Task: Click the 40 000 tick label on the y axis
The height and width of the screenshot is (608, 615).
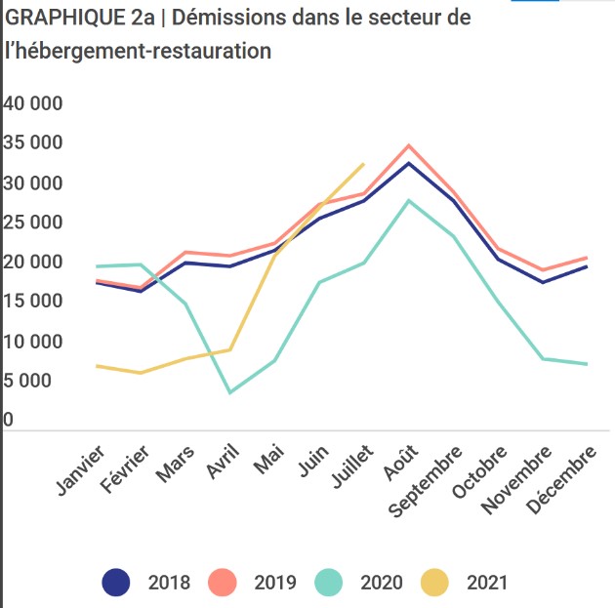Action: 32,104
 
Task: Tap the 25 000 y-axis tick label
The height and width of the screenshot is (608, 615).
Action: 32,223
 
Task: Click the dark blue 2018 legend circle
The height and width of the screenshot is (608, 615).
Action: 116,583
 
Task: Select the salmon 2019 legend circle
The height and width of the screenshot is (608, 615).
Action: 223,583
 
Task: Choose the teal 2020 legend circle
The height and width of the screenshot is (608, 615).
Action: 329,583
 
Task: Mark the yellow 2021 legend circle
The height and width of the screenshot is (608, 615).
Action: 435,583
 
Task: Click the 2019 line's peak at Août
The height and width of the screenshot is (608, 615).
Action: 408,145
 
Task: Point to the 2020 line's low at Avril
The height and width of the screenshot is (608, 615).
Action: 229,392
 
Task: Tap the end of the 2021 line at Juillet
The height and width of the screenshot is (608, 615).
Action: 363,164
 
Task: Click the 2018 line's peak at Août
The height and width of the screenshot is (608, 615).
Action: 408,163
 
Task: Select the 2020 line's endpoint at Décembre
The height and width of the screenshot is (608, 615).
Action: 587,364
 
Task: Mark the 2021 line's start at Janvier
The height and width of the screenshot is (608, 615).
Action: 96,366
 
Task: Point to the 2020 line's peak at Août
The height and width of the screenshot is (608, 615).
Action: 408,200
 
